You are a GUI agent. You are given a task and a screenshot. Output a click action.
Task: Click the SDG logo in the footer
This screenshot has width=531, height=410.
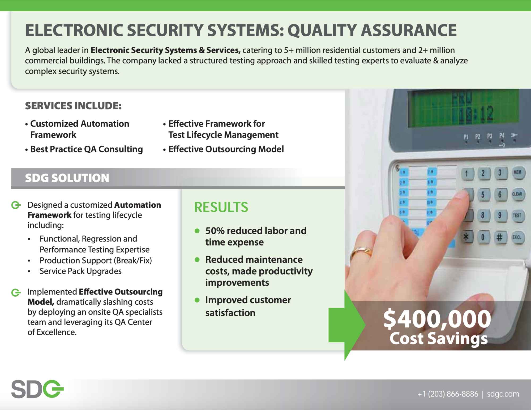(37, 389)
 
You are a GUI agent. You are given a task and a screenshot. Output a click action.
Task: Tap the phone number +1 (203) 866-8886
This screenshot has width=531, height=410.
(448, 394)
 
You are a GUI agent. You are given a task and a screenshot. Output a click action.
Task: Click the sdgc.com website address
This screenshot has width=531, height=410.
(503, 394)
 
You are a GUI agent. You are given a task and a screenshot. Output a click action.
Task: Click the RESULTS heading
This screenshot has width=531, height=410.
(221, 207)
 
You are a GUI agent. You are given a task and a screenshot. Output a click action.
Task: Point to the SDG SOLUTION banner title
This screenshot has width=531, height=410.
(67, 178)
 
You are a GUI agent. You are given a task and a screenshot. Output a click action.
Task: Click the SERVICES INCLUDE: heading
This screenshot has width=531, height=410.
(73, 106)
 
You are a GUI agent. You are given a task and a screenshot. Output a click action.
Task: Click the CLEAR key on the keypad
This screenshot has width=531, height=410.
(517, 194)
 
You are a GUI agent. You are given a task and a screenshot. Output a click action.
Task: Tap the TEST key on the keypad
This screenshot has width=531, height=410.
(517, 215)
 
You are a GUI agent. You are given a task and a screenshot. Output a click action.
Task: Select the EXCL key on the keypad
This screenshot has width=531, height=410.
(517, 237)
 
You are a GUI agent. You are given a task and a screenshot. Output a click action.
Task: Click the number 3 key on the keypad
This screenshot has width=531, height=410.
(499, 173)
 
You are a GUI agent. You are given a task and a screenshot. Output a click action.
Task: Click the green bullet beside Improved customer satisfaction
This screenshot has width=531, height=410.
(197, 300)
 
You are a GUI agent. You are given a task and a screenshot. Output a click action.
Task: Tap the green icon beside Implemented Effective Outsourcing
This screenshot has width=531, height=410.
(16, 292)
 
